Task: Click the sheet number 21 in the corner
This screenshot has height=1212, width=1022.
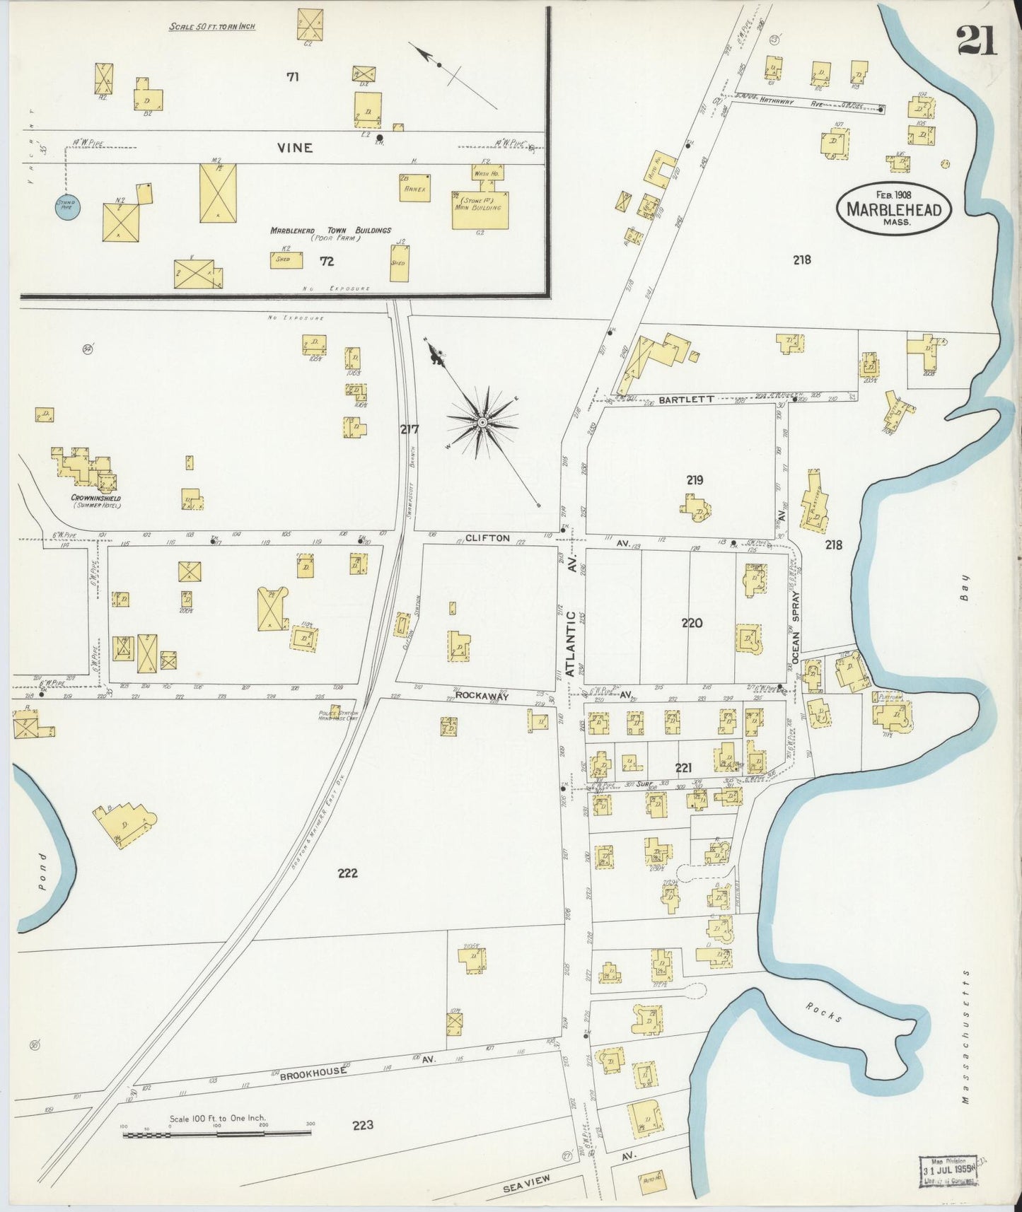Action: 977,40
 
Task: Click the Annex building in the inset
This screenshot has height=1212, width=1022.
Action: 414,187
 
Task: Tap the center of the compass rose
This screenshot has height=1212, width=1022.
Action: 482,422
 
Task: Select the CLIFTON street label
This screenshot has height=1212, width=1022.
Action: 487,538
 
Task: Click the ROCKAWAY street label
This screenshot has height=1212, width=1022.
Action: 482,696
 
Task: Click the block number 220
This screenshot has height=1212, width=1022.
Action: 692,622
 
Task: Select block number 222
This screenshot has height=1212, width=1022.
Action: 347,873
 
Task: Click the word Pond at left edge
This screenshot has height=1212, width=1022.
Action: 41,873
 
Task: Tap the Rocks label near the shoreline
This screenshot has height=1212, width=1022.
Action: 824,1013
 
